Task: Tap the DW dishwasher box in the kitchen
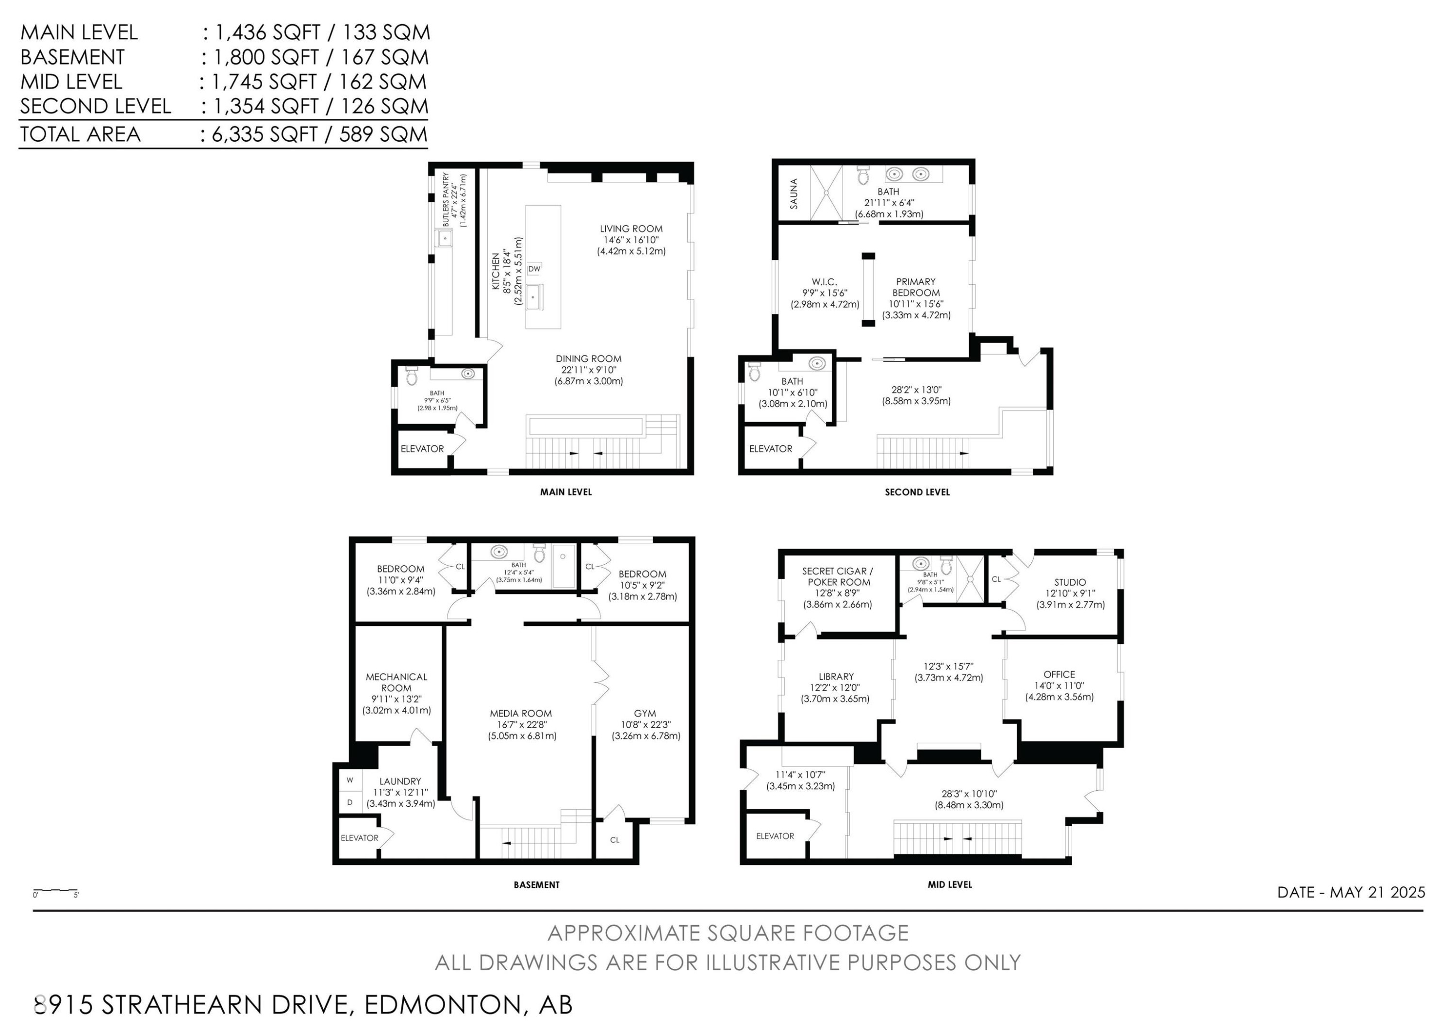point(534,269)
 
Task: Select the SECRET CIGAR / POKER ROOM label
point(838,576)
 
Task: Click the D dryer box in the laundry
point(349,802)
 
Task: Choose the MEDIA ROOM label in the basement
point(521,713)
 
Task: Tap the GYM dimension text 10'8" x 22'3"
point(645,725)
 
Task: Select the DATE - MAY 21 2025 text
point(1351,892)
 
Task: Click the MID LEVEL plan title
point(949,884)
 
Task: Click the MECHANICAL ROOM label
point(397,682)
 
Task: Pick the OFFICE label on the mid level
point(1059,674)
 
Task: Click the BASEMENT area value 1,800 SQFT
point(266,57)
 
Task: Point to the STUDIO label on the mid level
point(1070,582)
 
